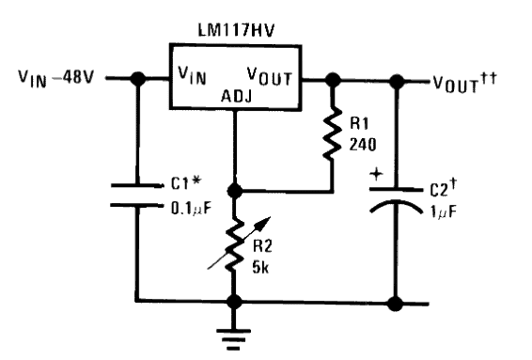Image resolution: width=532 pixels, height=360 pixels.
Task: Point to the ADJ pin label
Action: (235, 95)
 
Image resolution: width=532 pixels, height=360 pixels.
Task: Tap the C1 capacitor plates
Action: (136, 194)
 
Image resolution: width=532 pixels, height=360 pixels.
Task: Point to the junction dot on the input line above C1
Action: (136, 79)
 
